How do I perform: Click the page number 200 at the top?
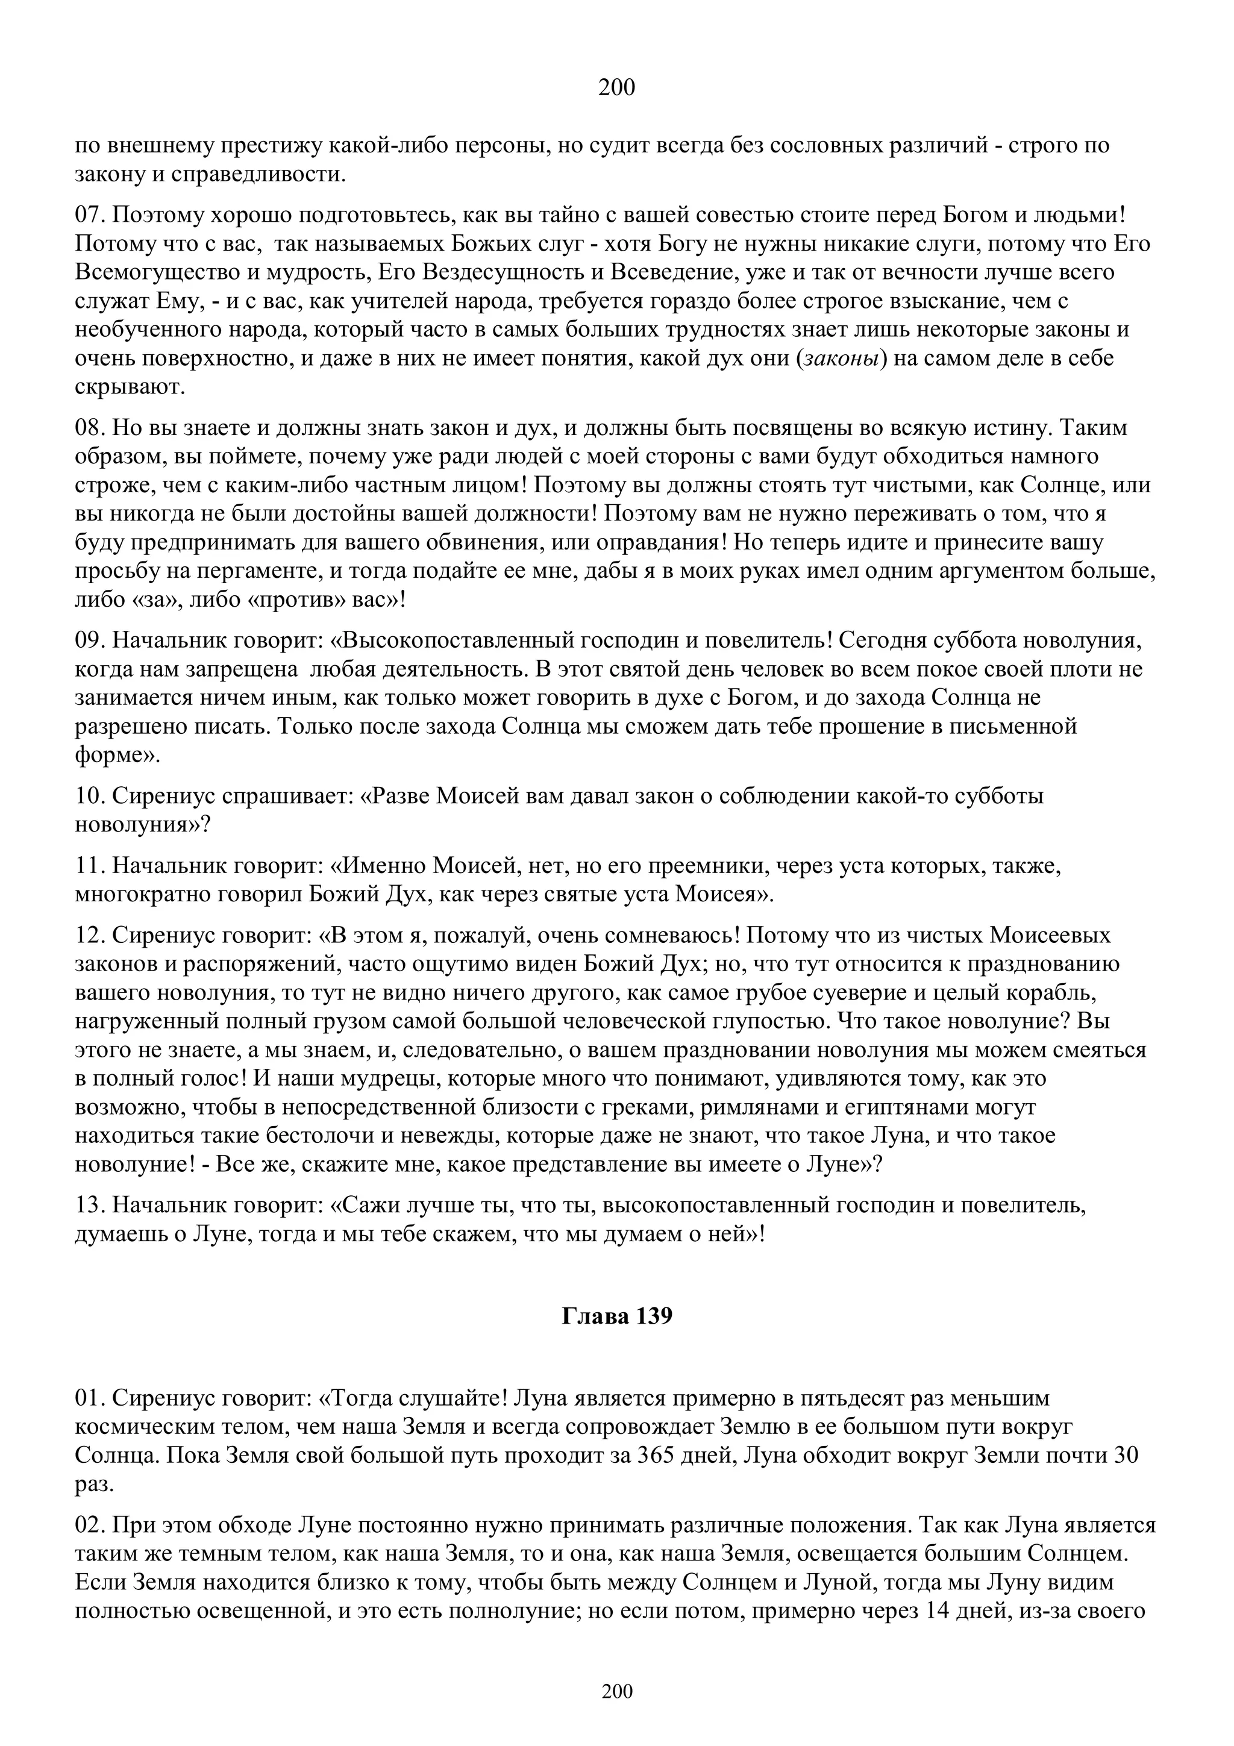(x=616, y=88)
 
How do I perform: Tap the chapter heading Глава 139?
(x=616, y=1316)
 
